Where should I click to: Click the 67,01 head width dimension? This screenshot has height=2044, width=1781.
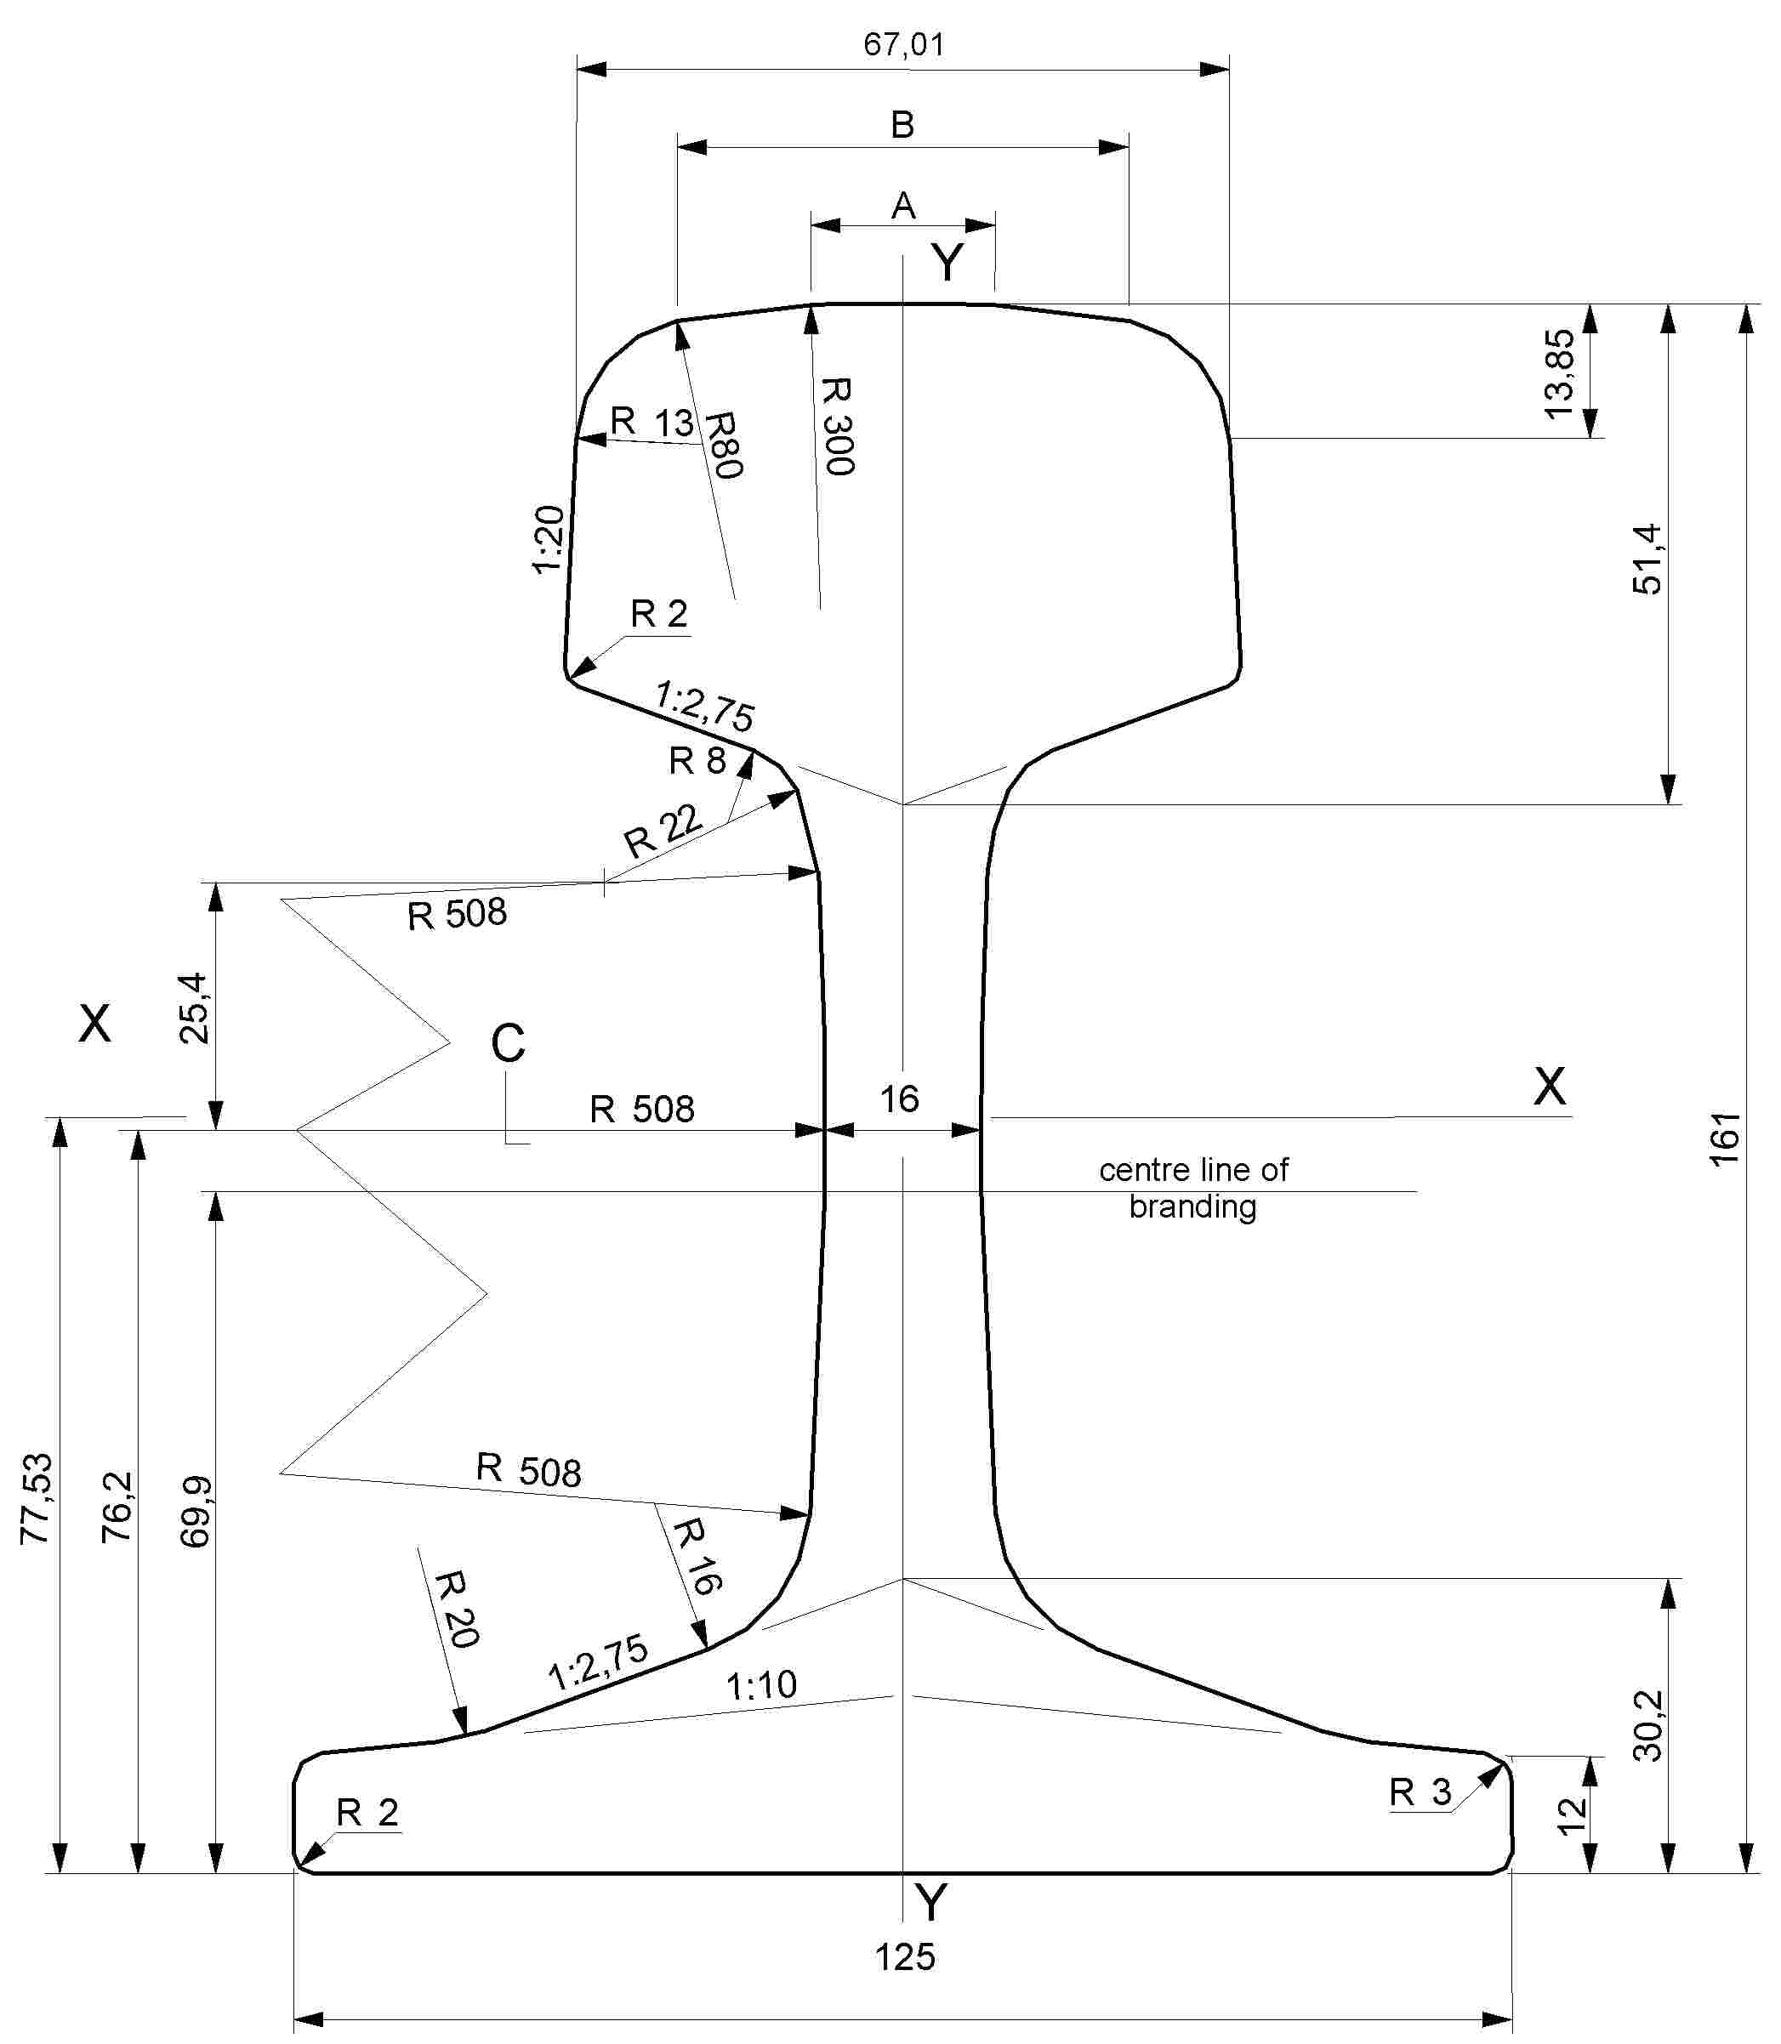point(903,45)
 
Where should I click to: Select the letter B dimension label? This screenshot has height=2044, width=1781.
point(902,125)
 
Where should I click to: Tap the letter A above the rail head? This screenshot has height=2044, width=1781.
point(902,206)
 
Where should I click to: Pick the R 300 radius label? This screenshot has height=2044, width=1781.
point(837,425)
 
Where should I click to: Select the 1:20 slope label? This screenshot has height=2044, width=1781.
point(549,540)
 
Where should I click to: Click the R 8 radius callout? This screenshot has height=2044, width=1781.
point(697,760)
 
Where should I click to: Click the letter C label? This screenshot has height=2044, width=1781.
point(508,1043)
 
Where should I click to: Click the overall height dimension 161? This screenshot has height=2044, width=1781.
point(1726,1138)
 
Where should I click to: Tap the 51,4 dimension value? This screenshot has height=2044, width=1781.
point(1647,559)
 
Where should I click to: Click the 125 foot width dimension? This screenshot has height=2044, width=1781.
point(904,1956)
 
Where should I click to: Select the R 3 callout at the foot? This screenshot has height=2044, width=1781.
point(1420,1792)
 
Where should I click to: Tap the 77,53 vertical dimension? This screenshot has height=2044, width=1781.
point(37,1498)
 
